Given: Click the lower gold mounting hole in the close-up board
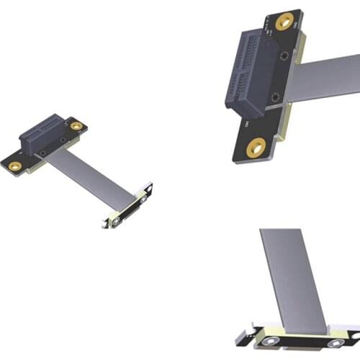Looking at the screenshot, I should pos(254,149).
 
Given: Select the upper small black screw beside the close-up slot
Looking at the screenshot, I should pos(286,56).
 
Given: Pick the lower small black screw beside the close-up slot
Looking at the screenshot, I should pos(276,96).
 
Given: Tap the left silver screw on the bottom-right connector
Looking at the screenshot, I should pos(274,342).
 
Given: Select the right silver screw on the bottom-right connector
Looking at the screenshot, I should pos(333,343).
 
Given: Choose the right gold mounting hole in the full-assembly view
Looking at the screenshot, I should pos(76,126).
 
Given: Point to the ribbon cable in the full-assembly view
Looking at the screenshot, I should pos(94,176).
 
